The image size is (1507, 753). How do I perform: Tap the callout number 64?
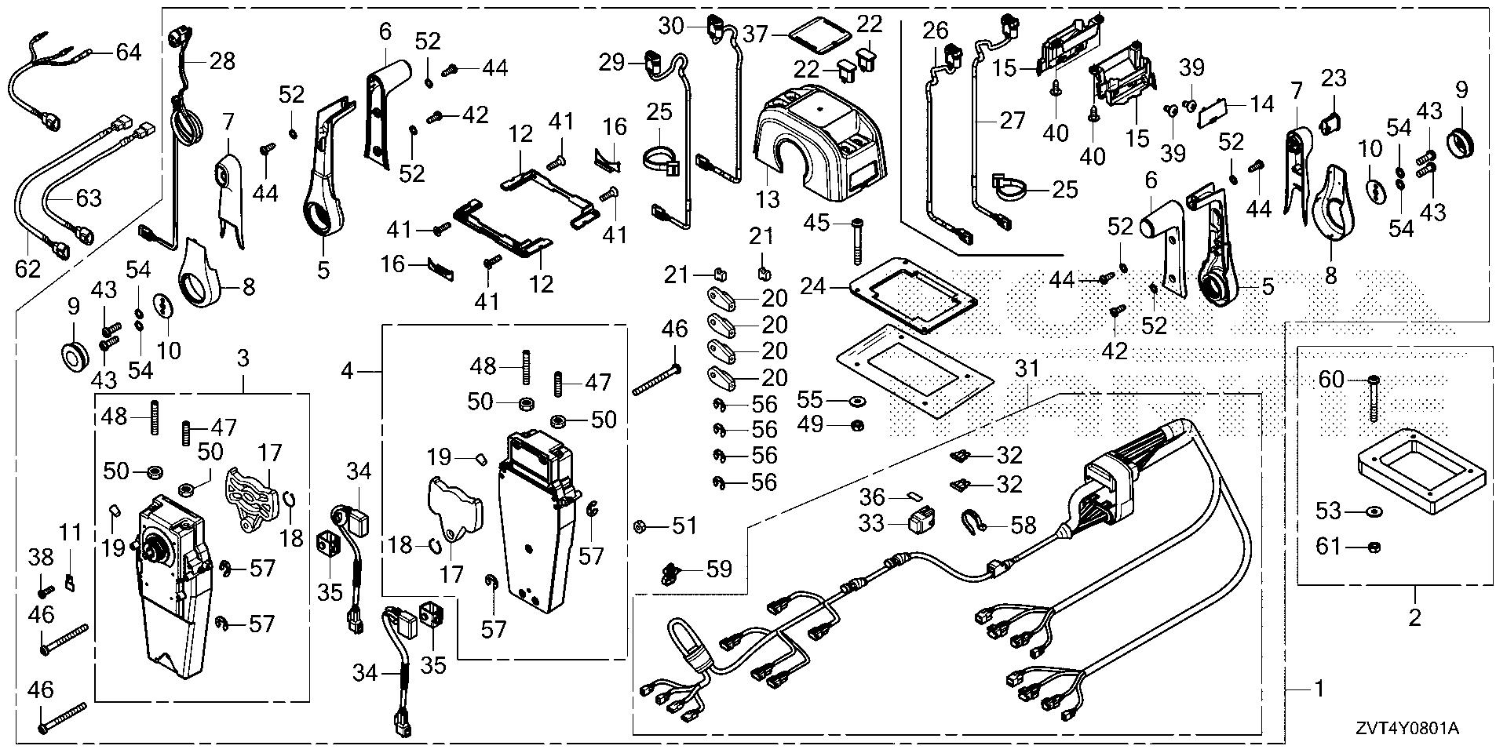[129, 53]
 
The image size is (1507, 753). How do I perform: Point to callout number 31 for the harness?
[1026, 367]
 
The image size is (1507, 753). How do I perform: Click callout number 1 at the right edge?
[1319, 689]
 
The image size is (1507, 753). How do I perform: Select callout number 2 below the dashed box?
[1414, 617]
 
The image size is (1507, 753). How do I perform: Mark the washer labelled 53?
[1373, 512]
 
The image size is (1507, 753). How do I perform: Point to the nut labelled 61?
[1374, 547]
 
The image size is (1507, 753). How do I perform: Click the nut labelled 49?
[857, 425]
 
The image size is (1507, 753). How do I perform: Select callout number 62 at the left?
[27, 269]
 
